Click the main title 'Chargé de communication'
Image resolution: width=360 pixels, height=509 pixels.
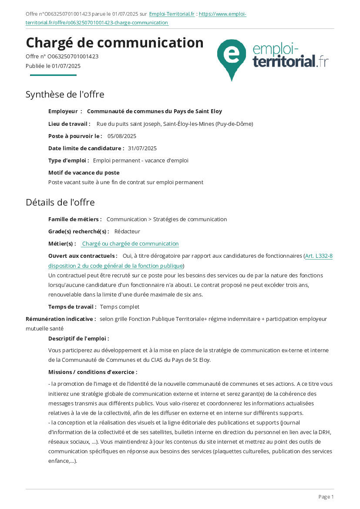(x=114, y=43)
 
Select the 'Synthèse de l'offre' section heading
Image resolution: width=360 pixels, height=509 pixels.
(x=65, y=94)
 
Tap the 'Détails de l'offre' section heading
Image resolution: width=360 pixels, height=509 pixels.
(x=60, y=202)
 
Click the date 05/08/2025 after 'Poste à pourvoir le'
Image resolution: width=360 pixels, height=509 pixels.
(x=122, y=136)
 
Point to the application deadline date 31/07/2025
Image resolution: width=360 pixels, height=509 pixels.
(x=142, y=148)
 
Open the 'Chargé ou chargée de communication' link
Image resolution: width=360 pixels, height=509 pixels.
(x=130, y=244)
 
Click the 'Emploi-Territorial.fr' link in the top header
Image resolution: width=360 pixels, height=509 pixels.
(x=172, y=14)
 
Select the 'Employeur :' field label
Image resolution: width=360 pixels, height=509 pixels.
(x=65, y=111)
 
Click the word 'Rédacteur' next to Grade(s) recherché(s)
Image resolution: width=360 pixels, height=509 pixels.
(x=127, y=232)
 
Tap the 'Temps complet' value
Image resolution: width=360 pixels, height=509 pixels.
(x=120, y=307)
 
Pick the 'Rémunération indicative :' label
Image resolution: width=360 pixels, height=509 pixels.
(x=61, y=319)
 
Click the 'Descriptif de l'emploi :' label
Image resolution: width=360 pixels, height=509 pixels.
(x=79, y=338)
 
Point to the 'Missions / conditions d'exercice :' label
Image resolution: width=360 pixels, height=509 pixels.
(x=93, y=372)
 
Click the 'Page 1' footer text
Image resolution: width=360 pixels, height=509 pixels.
(x=326, y=497)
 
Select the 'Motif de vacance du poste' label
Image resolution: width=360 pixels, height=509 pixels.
(x=84, y=173)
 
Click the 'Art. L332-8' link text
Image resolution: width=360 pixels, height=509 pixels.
(x=319, y=256)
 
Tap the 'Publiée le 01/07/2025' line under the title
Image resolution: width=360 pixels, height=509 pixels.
(x=53, y=66)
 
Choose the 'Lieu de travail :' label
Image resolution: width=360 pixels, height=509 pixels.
(x=69, y=124)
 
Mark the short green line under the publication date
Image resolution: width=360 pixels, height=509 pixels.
(x=53, y=75)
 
